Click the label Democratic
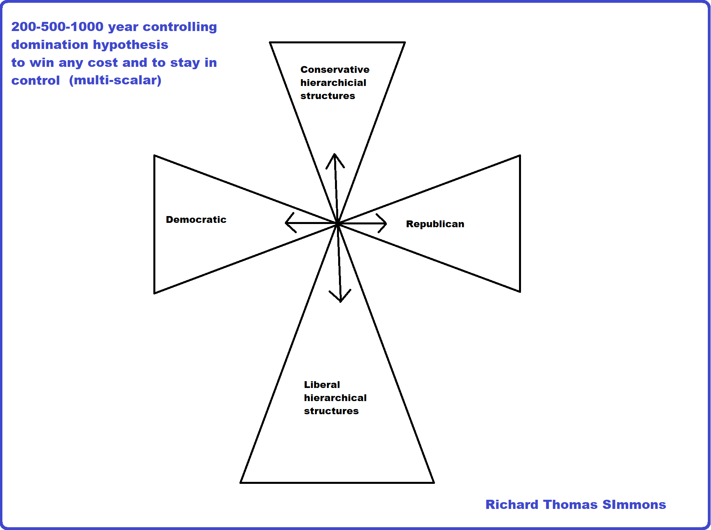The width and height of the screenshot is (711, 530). point(196,220)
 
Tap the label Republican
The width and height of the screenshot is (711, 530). point(435,224)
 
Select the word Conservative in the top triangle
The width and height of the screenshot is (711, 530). point(335,70)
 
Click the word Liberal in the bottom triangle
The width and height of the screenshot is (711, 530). point(322,385)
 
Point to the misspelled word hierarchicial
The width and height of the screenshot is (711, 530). point(333,83)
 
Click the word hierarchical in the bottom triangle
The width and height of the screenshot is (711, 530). point(335,398)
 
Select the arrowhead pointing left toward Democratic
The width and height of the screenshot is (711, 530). point(288,223)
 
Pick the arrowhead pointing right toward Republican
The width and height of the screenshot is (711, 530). point(384,223)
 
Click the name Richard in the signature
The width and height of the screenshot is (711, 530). point(512,505)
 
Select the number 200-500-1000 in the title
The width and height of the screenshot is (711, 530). point(57,27)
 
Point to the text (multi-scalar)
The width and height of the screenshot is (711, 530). point(115,80)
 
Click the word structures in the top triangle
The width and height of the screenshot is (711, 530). point(327,96)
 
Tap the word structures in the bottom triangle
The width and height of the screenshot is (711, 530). point(331,411)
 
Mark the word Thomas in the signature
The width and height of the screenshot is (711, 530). point(570,505)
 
